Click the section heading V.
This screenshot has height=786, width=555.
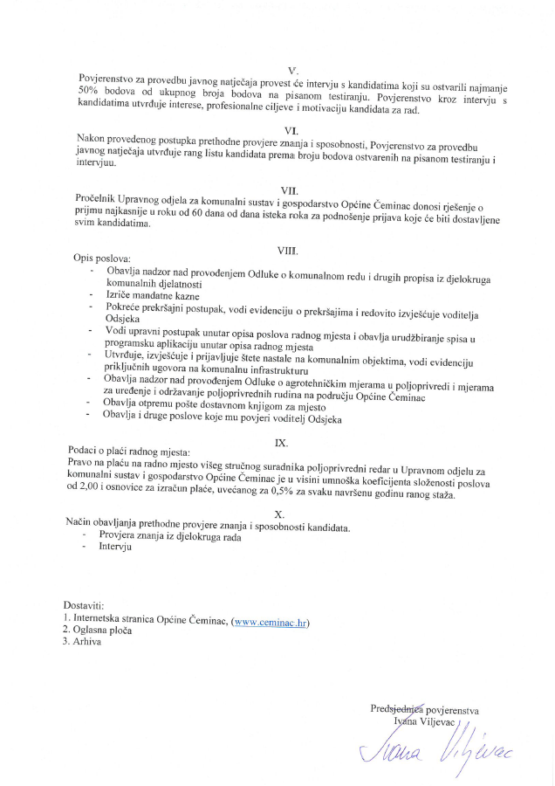point(292,70)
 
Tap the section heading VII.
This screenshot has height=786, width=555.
point(291,190)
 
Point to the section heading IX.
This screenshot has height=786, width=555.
point(282,443)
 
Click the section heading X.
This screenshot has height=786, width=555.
point(279,514)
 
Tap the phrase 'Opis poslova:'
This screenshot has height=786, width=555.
point(100,260)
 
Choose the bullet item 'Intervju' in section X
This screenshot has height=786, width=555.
point(115,548)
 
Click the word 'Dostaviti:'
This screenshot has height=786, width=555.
point(84,604)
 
